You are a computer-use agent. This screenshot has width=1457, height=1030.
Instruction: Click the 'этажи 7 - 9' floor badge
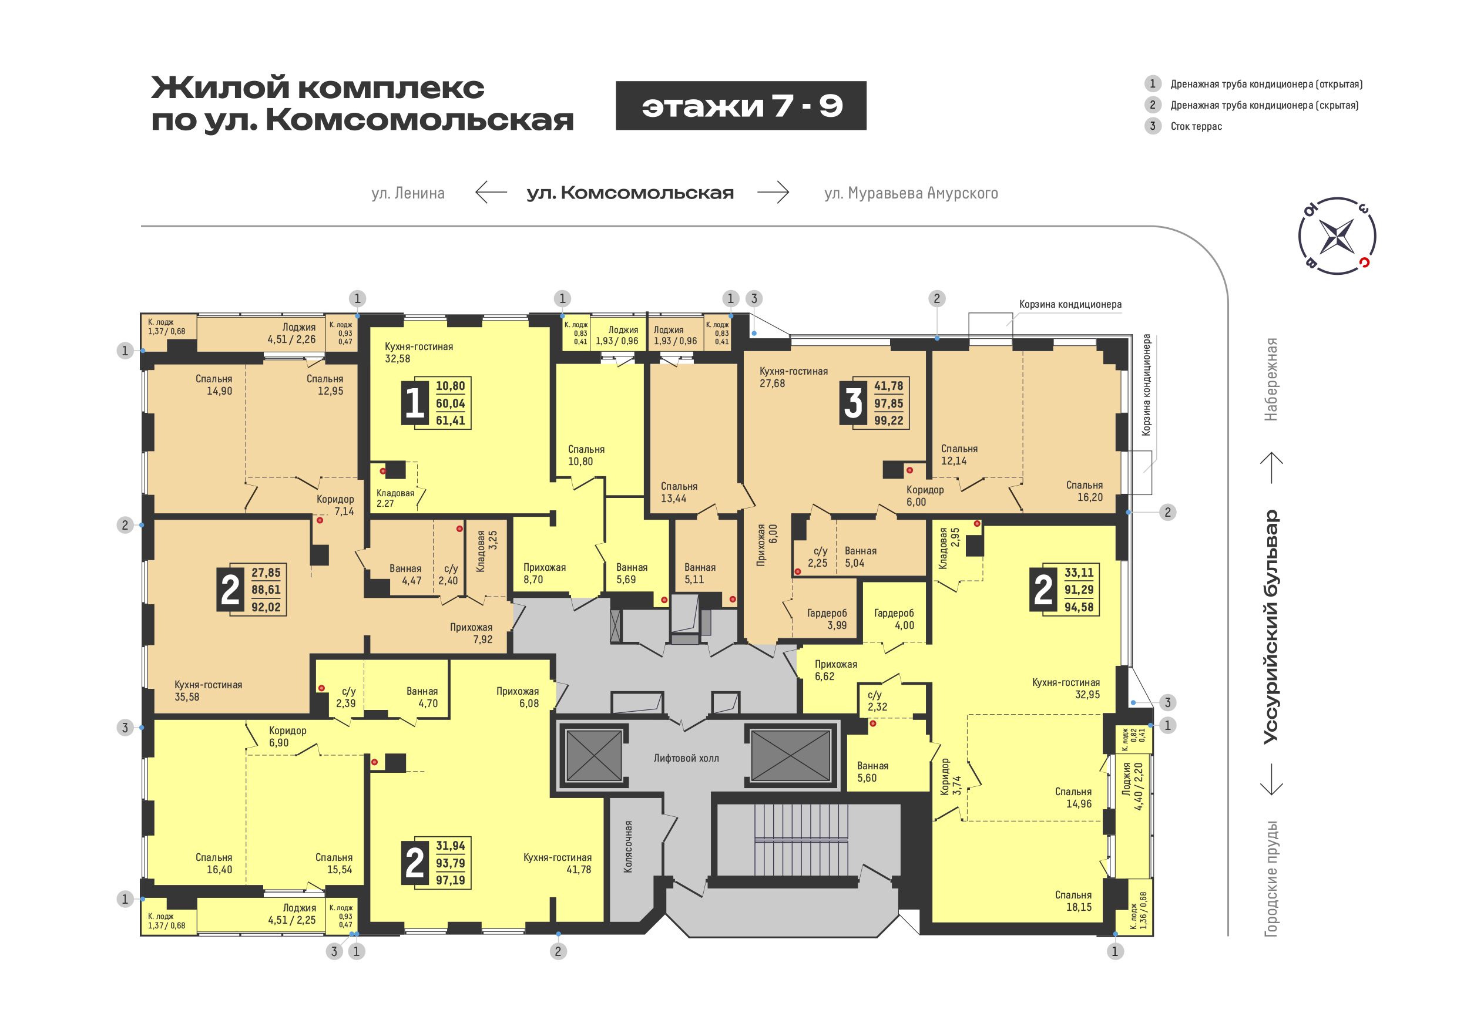coord(741,106)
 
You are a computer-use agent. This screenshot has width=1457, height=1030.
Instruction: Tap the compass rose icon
coord(1337,236)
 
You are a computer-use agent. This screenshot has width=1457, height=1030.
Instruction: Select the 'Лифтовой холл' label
coord(686,758)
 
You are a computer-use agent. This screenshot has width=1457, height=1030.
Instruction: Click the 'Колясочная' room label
coord(627,847)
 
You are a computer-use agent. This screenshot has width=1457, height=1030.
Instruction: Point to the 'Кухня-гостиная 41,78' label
coord(557,863)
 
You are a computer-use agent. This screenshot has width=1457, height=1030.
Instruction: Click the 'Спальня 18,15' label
coord(1073,901)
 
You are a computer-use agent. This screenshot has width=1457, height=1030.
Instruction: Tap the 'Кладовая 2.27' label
coord(395,498)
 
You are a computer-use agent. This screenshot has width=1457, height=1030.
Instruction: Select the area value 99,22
coord(888,420)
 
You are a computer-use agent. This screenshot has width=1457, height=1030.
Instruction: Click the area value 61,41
coord(451,420)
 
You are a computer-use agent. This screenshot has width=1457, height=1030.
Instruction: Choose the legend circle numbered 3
coord(1153,126)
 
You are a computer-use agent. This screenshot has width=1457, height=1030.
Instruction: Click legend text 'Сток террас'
coord(1196,126)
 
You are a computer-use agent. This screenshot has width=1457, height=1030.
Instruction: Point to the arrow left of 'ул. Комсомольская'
coord(491,191)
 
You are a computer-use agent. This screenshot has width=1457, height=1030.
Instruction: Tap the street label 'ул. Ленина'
coord(408,193)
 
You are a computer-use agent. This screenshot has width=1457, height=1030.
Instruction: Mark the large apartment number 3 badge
coord(853,403)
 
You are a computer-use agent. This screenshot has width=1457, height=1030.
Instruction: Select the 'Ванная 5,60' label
coord(872,772)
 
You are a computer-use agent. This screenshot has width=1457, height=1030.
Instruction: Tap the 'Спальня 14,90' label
coord(214,385)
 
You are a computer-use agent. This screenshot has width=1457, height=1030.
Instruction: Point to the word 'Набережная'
coord(1270,379)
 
